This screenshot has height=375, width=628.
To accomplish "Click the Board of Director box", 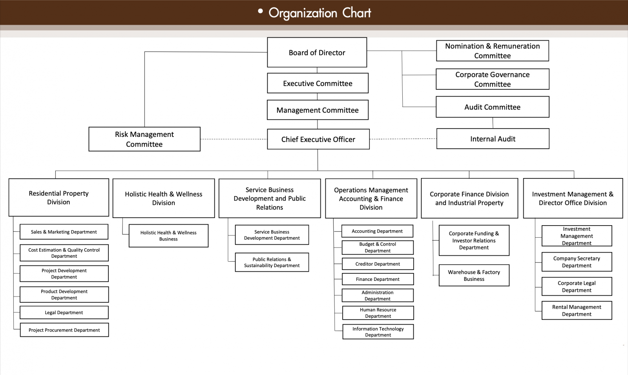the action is (317, 53).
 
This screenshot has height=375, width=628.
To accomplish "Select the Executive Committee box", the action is (318, 83).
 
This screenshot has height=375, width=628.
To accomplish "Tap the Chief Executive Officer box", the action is (318, 139).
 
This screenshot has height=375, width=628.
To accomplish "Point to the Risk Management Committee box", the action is (144, 139).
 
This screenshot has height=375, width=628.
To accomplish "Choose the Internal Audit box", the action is (493, 139).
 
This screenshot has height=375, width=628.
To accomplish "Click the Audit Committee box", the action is (492, 107).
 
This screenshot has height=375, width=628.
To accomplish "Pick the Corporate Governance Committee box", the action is (492, 79).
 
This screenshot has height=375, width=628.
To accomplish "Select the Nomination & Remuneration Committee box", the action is (492, 51).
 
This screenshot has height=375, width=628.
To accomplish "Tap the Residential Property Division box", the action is (58, 198).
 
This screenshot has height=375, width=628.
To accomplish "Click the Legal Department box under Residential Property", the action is (64, 313).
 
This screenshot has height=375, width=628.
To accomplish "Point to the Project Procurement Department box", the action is (64, 330).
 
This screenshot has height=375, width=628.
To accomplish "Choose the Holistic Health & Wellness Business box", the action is (168, 236).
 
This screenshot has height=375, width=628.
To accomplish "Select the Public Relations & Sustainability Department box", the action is (272, 262).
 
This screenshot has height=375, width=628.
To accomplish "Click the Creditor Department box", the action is (378, 264).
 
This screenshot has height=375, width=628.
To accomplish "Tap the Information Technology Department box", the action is (378, 332).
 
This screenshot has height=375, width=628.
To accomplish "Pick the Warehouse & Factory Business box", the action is (474, 275).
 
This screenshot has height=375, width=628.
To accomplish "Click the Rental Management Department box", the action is (577, 311).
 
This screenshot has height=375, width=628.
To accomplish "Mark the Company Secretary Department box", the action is (577, 262).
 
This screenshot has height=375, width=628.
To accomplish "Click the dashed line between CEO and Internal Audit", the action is (403, 139).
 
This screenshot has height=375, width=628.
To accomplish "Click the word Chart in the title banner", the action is (356, 13).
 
